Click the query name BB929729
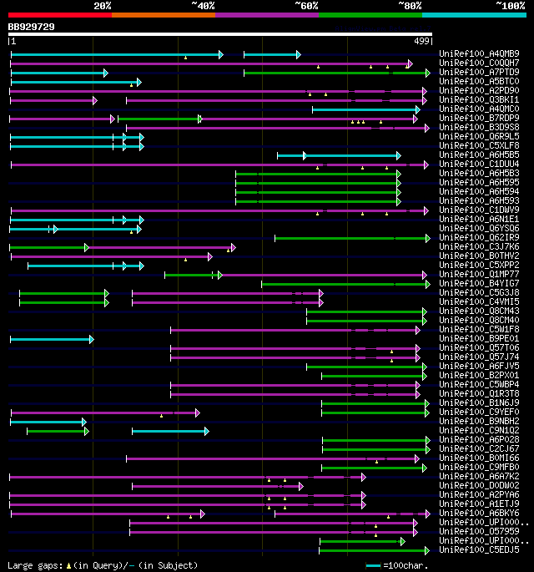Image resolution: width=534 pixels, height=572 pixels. click(32, 27)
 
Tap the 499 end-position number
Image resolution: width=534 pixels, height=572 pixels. click(422, 41)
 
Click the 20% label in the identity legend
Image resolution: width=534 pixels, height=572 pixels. click(103, 6)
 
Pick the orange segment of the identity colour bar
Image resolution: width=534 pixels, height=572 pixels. click(164, 15)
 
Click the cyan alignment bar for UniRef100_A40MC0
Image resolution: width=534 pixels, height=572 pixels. click(365, 109)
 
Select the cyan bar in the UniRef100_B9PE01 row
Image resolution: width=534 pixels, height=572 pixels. click(51, 339)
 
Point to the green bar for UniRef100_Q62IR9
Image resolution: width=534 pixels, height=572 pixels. click(350, 238)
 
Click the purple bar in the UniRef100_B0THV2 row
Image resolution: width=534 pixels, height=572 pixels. click(108, 256)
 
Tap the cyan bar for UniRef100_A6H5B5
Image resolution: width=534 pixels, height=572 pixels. click(339, 155)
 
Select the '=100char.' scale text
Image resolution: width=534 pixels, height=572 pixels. click(409, 565)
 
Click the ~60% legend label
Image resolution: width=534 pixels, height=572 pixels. click(305, 6)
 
